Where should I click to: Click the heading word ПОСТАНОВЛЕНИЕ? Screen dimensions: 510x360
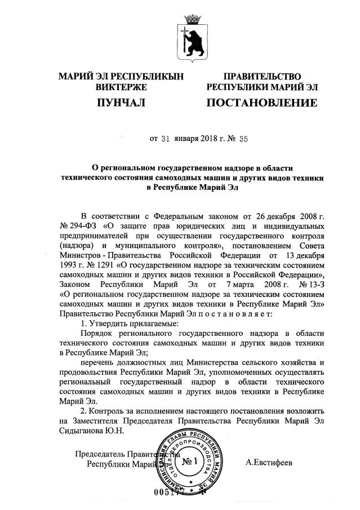pos(261,103)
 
